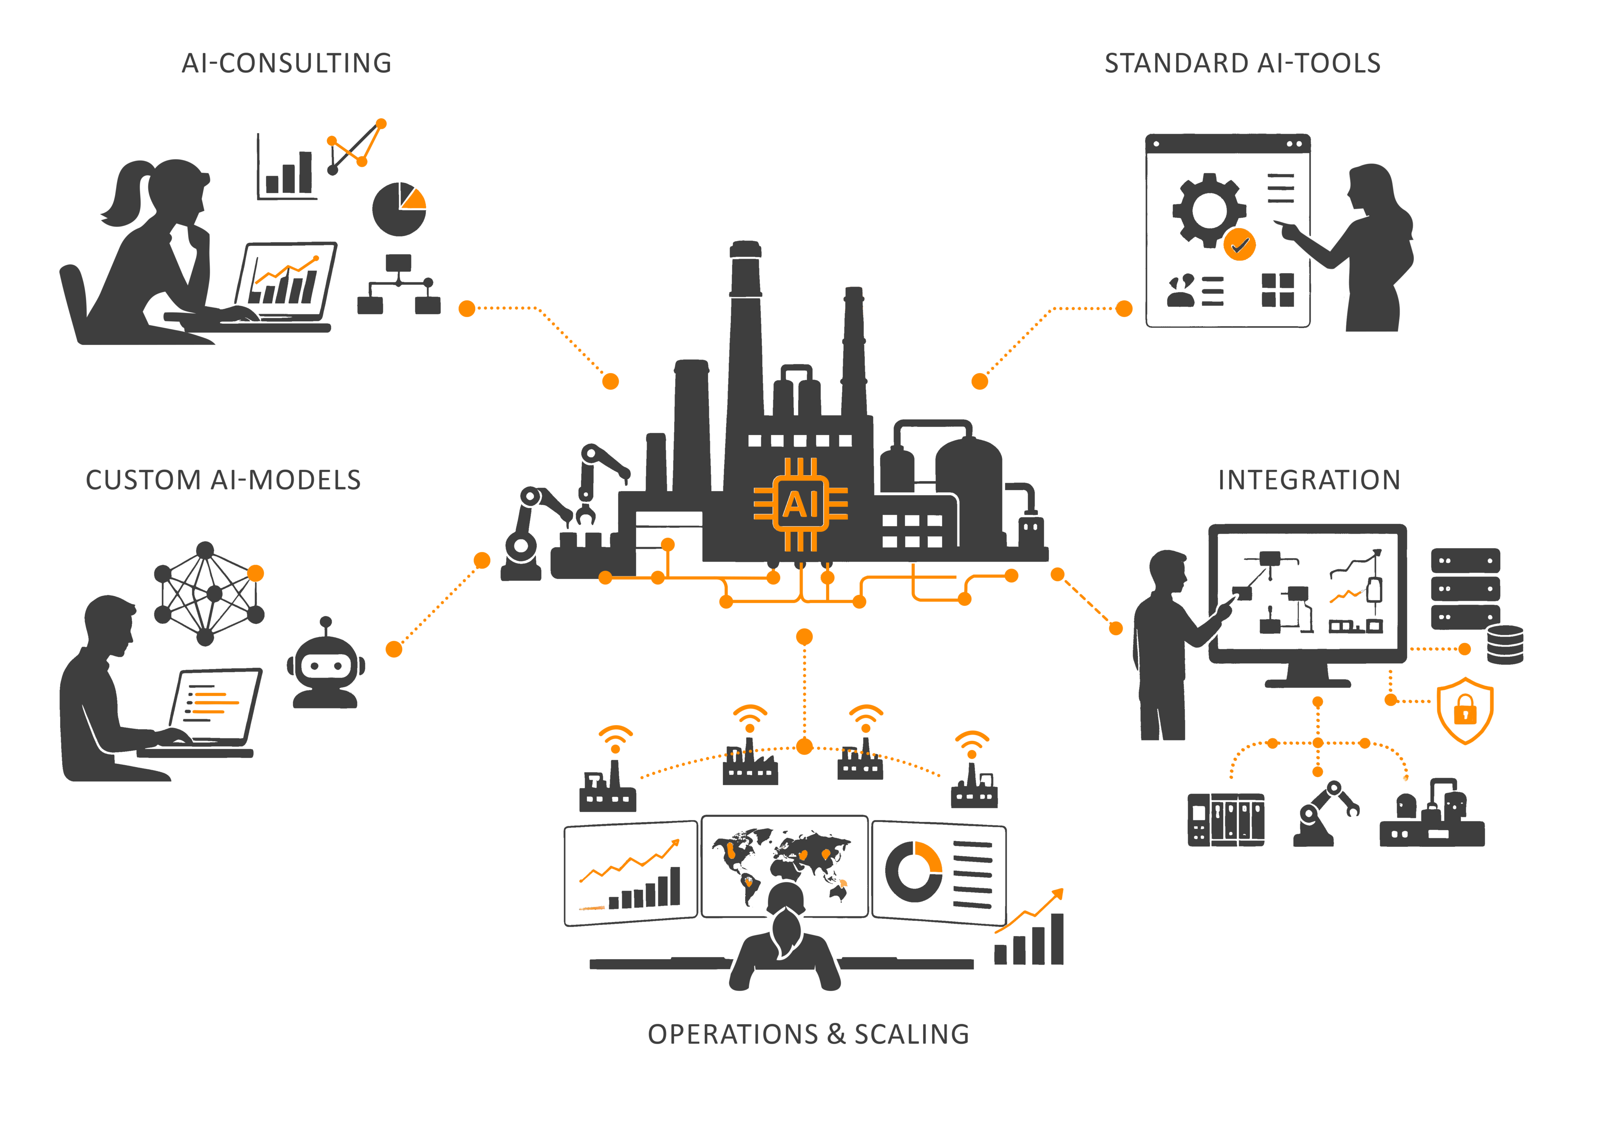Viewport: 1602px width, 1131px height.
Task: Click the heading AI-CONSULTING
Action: [287, 63]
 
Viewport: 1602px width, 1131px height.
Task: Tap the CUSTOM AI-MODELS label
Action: [223, 480]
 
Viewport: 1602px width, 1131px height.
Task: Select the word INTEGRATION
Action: [1309, 480]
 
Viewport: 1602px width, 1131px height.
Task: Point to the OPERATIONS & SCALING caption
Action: [809, 1034]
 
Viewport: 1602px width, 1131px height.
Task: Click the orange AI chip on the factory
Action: [801, 504]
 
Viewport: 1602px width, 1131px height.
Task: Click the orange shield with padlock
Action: [1465, 710]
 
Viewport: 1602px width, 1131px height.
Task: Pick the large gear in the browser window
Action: [1209, 210]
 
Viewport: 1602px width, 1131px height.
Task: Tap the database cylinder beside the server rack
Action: [1505, 645]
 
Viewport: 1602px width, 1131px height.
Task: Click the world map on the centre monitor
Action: [783, 864]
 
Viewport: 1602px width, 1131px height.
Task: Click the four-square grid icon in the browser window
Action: [1277, 290]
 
